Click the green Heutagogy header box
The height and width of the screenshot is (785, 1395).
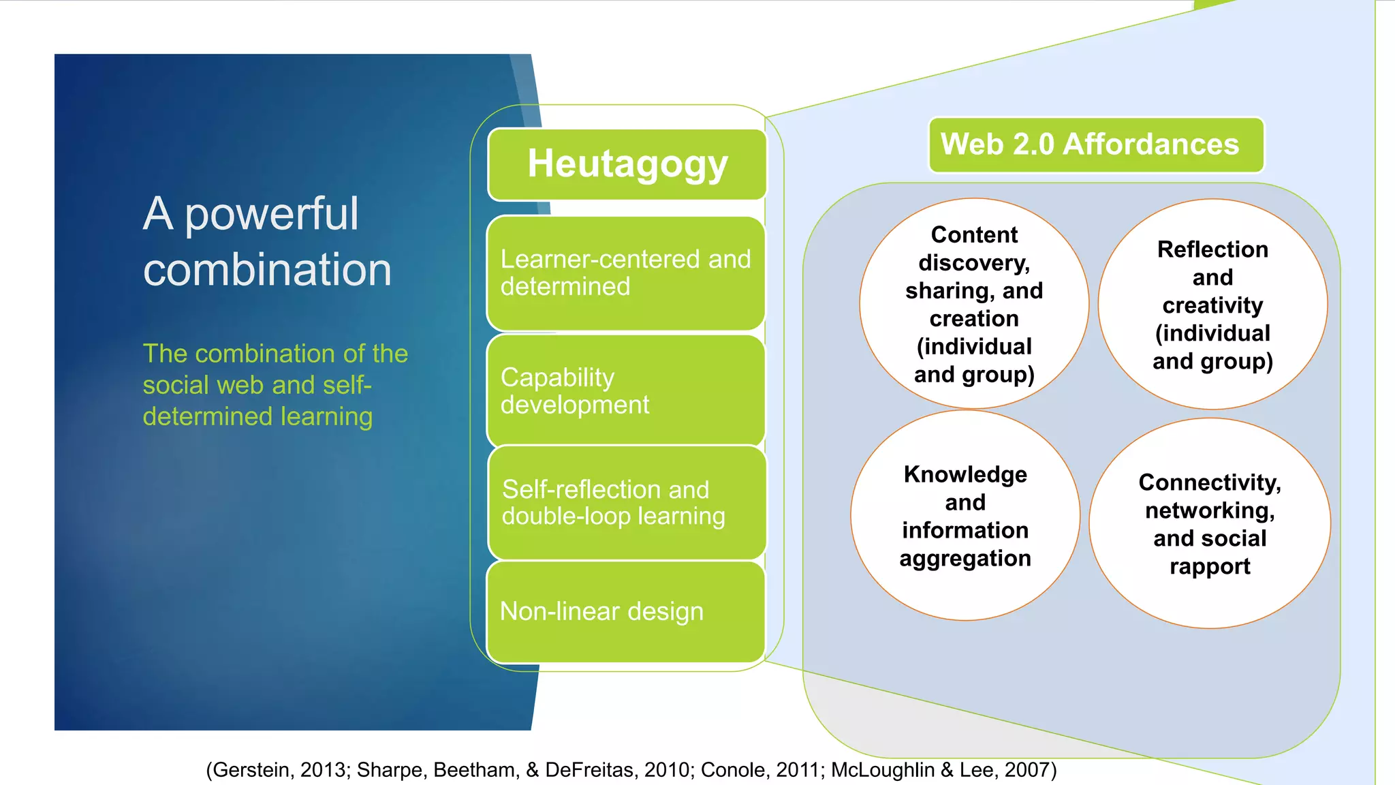coord(627,164)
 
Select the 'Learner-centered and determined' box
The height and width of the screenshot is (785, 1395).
coord(626,273)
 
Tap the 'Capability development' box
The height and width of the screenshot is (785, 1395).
coord(626,390)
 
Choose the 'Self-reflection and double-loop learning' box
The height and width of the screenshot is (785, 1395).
coord(627,503)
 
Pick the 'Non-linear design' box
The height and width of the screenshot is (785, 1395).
coord(626,611)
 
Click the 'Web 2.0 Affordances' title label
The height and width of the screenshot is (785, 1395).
coord(1095,144)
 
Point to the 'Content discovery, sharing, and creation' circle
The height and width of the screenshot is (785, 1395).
coord(974,304)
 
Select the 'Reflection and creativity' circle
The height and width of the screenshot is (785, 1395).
coord(1212,305)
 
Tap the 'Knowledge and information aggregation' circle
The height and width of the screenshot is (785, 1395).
coord(965,516)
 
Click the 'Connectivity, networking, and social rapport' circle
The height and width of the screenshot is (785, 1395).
coord(1210,523)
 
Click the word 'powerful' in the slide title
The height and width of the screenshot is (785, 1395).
coord(271,214)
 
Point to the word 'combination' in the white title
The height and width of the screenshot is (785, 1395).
coord(267,269)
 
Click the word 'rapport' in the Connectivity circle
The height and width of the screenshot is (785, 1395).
coord(1210,566)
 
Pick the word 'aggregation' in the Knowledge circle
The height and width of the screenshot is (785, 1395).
coord(965,559)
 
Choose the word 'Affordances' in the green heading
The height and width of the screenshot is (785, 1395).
coord(1150,144)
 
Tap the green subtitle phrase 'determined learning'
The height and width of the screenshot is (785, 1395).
coord(257,416)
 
